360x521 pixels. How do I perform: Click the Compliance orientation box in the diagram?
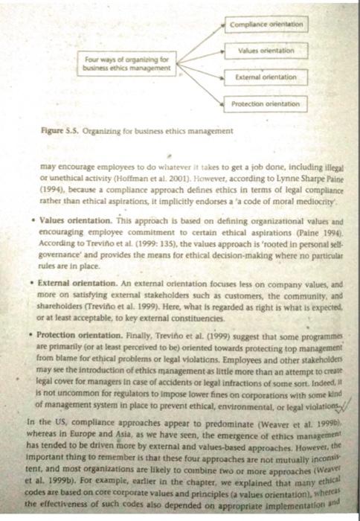tap(266, 24)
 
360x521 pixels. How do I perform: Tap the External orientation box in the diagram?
tap(266, 77)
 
